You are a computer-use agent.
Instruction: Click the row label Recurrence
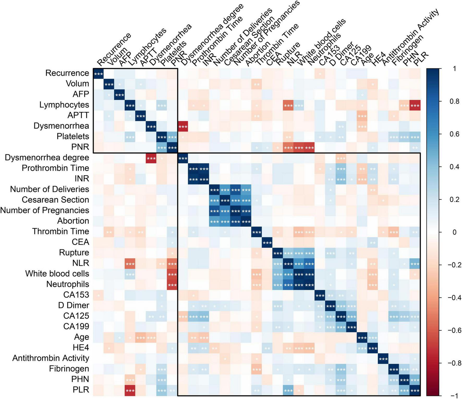[x=67, y=73]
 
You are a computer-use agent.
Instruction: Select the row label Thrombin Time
[x=60, y=231]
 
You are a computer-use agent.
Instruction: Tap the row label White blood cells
[x=57, y=274]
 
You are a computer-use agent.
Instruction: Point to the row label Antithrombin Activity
[x=51, y=358]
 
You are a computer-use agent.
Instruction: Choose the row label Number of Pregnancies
[x=45, y=210]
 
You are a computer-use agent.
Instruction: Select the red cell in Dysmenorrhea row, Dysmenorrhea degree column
[x=183, y=126]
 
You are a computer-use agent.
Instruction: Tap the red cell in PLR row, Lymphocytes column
[x=130, y=390]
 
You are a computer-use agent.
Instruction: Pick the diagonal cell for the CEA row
[x=267, y=242]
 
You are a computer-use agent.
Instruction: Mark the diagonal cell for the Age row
[x=362, y=337]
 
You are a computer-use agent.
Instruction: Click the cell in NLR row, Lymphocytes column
[x=130, y=263]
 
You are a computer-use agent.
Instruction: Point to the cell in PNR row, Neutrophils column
[x=309, y=147]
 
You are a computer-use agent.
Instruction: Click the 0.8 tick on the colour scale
[x=454, y=101]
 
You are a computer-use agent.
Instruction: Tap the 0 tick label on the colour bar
[x=454, y=232]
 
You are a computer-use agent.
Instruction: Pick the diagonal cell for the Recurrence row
[x=99, y=73]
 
